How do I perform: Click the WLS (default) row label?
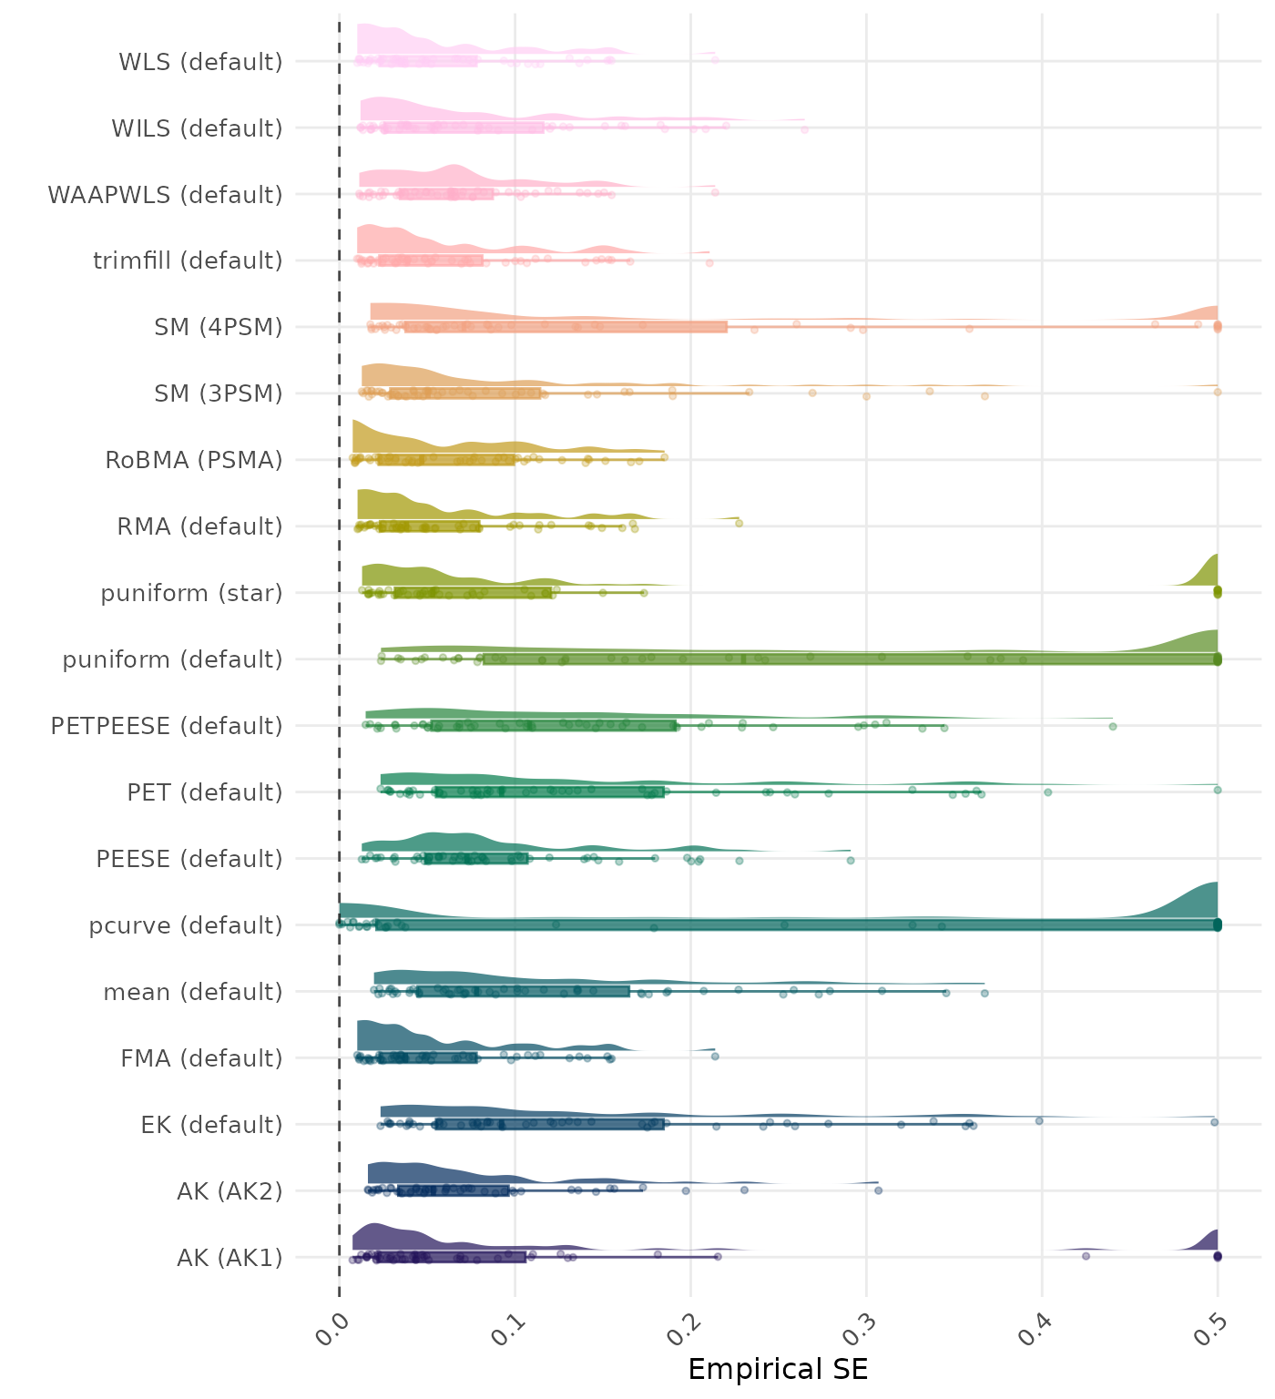tap(200, 62)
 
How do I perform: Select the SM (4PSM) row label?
tap(219, 327)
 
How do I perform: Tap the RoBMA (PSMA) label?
tap(194, 460)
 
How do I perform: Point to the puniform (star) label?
tap(191, 593)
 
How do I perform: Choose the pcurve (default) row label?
tap(186, 925)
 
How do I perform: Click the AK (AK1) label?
tap(229, 1258)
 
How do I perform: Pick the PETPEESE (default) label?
tap(167, 726)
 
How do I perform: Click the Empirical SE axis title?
tap(778, 1369)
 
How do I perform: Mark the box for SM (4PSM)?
tap(565, 327)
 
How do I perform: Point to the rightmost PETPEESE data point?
tap(1112, 726)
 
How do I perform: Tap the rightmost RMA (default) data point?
tap(739, 523)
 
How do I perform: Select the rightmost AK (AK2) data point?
tap(878, 1190)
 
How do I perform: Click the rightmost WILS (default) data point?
tap(804, 130)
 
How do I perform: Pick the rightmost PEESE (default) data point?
tap(850, 860)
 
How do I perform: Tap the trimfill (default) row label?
tap(188, 260)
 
